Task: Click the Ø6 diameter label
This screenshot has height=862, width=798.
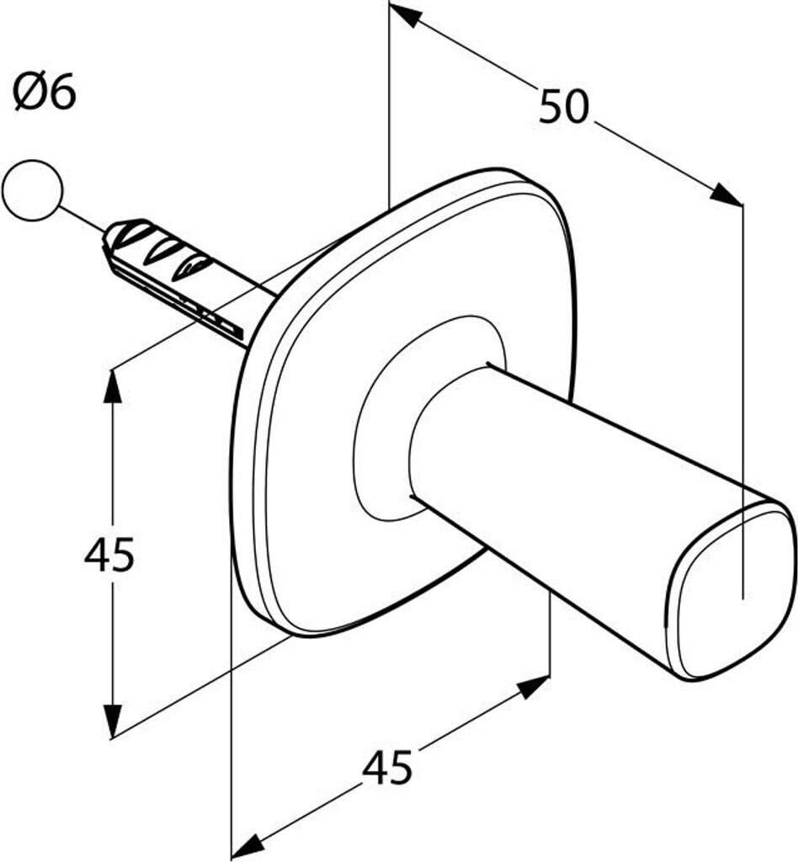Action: [x=44, y=92]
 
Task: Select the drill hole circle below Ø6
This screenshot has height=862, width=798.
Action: [x=33, y=190]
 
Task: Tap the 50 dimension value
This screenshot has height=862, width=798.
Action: [x=563, y=106]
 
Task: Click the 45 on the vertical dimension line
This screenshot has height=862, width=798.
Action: [x=109, y=555]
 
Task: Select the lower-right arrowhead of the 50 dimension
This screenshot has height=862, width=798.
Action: [x=727, y=195]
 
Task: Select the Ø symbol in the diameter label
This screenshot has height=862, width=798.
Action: [x=29, y=93]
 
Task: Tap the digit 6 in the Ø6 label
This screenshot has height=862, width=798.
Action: [x=63, y=93]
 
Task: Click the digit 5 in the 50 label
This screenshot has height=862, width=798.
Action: [x=551, y=106]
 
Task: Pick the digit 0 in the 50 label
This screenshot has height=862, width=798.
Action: [x=577, y=106]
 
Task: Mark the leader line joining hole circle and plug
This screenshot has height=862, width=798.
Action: [x=82, y=219]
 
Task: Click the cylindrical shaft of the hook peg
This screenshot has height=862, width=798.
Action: [x=550, y=484]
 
